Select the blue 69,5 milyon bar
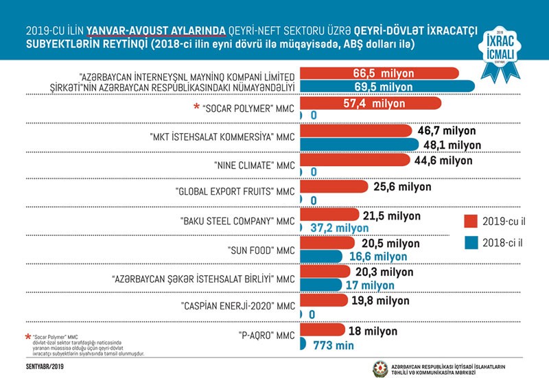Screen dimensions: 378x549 point(384,86)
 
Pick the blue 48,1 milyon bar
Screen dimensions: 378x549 point(357,143)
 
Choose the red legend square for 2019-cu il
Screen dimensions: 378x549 point(470,221)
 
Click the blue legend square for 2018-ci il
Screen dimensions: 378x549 point(470,242)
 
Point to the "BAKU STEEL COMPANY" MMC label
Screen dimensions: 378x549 point(235,222)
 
